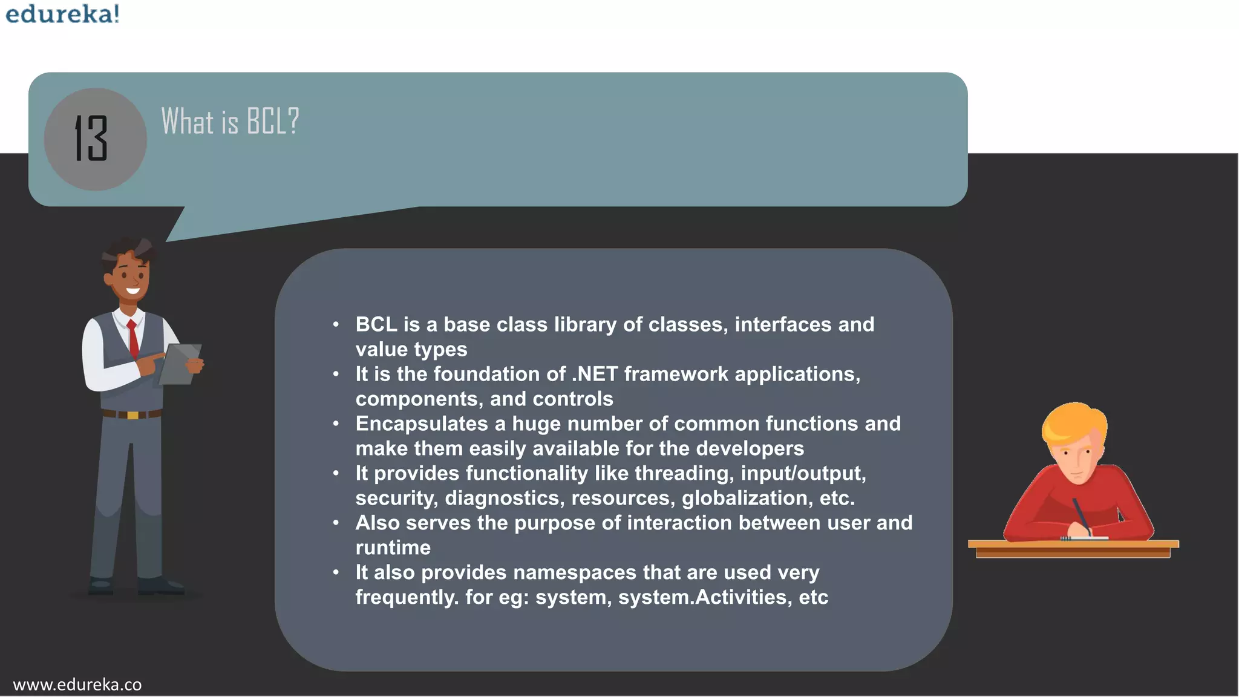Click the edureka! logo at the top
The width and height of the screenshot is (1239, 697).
62,13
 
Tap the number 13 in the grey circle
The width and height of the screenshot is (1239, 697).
91,139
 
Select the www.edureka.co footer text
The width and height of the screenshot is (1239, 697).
77,684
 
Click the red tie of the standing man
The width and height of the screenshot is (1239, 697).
132,339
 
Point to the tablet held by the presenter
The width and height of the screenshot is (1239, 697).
180,364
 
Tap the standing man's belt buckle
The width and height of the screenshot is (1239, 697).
132,415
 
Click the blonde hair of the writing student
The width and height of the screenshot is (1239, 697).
1071,421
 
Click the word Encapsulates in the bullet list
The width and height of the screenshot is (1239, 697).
422,424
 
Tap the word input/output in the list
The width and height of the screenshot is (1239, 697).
803,473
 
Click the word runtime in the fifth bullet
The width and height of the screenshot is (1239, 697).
393,548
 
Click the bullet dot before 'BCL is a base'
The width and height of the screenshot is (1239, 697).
336,325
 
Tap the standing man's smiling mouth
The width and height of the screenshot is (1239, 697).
132,292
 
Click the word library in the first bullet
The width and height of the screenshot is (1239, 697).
585,325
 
